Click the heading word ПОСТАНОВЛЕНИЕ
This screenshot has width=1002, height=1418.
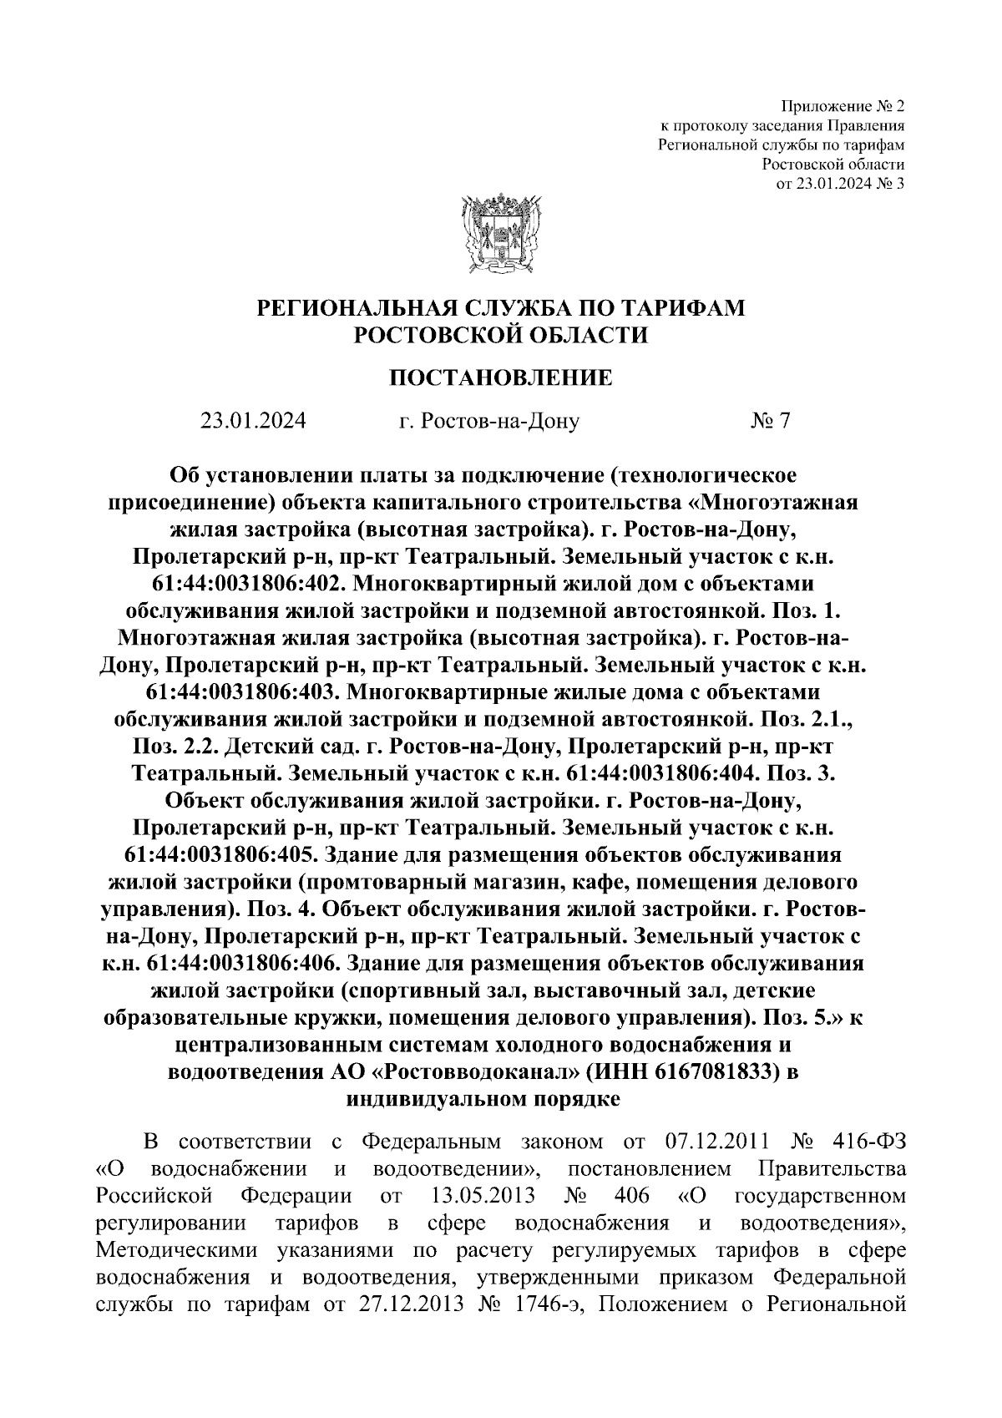tap(501, 378)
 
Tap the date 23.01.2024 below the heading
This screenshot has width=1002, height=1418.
tap(253, 421)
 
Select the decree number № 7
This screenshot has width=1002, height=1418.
tap(770, 421)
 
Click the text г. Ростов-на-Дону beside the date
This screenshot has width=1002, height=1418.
tap(488, 421)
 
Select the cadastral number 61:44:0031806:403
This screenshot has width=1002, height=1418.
tap(238, 692)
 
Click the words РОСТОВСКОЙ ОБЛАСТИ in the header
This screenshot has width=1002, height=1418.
tap(501, 335)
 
